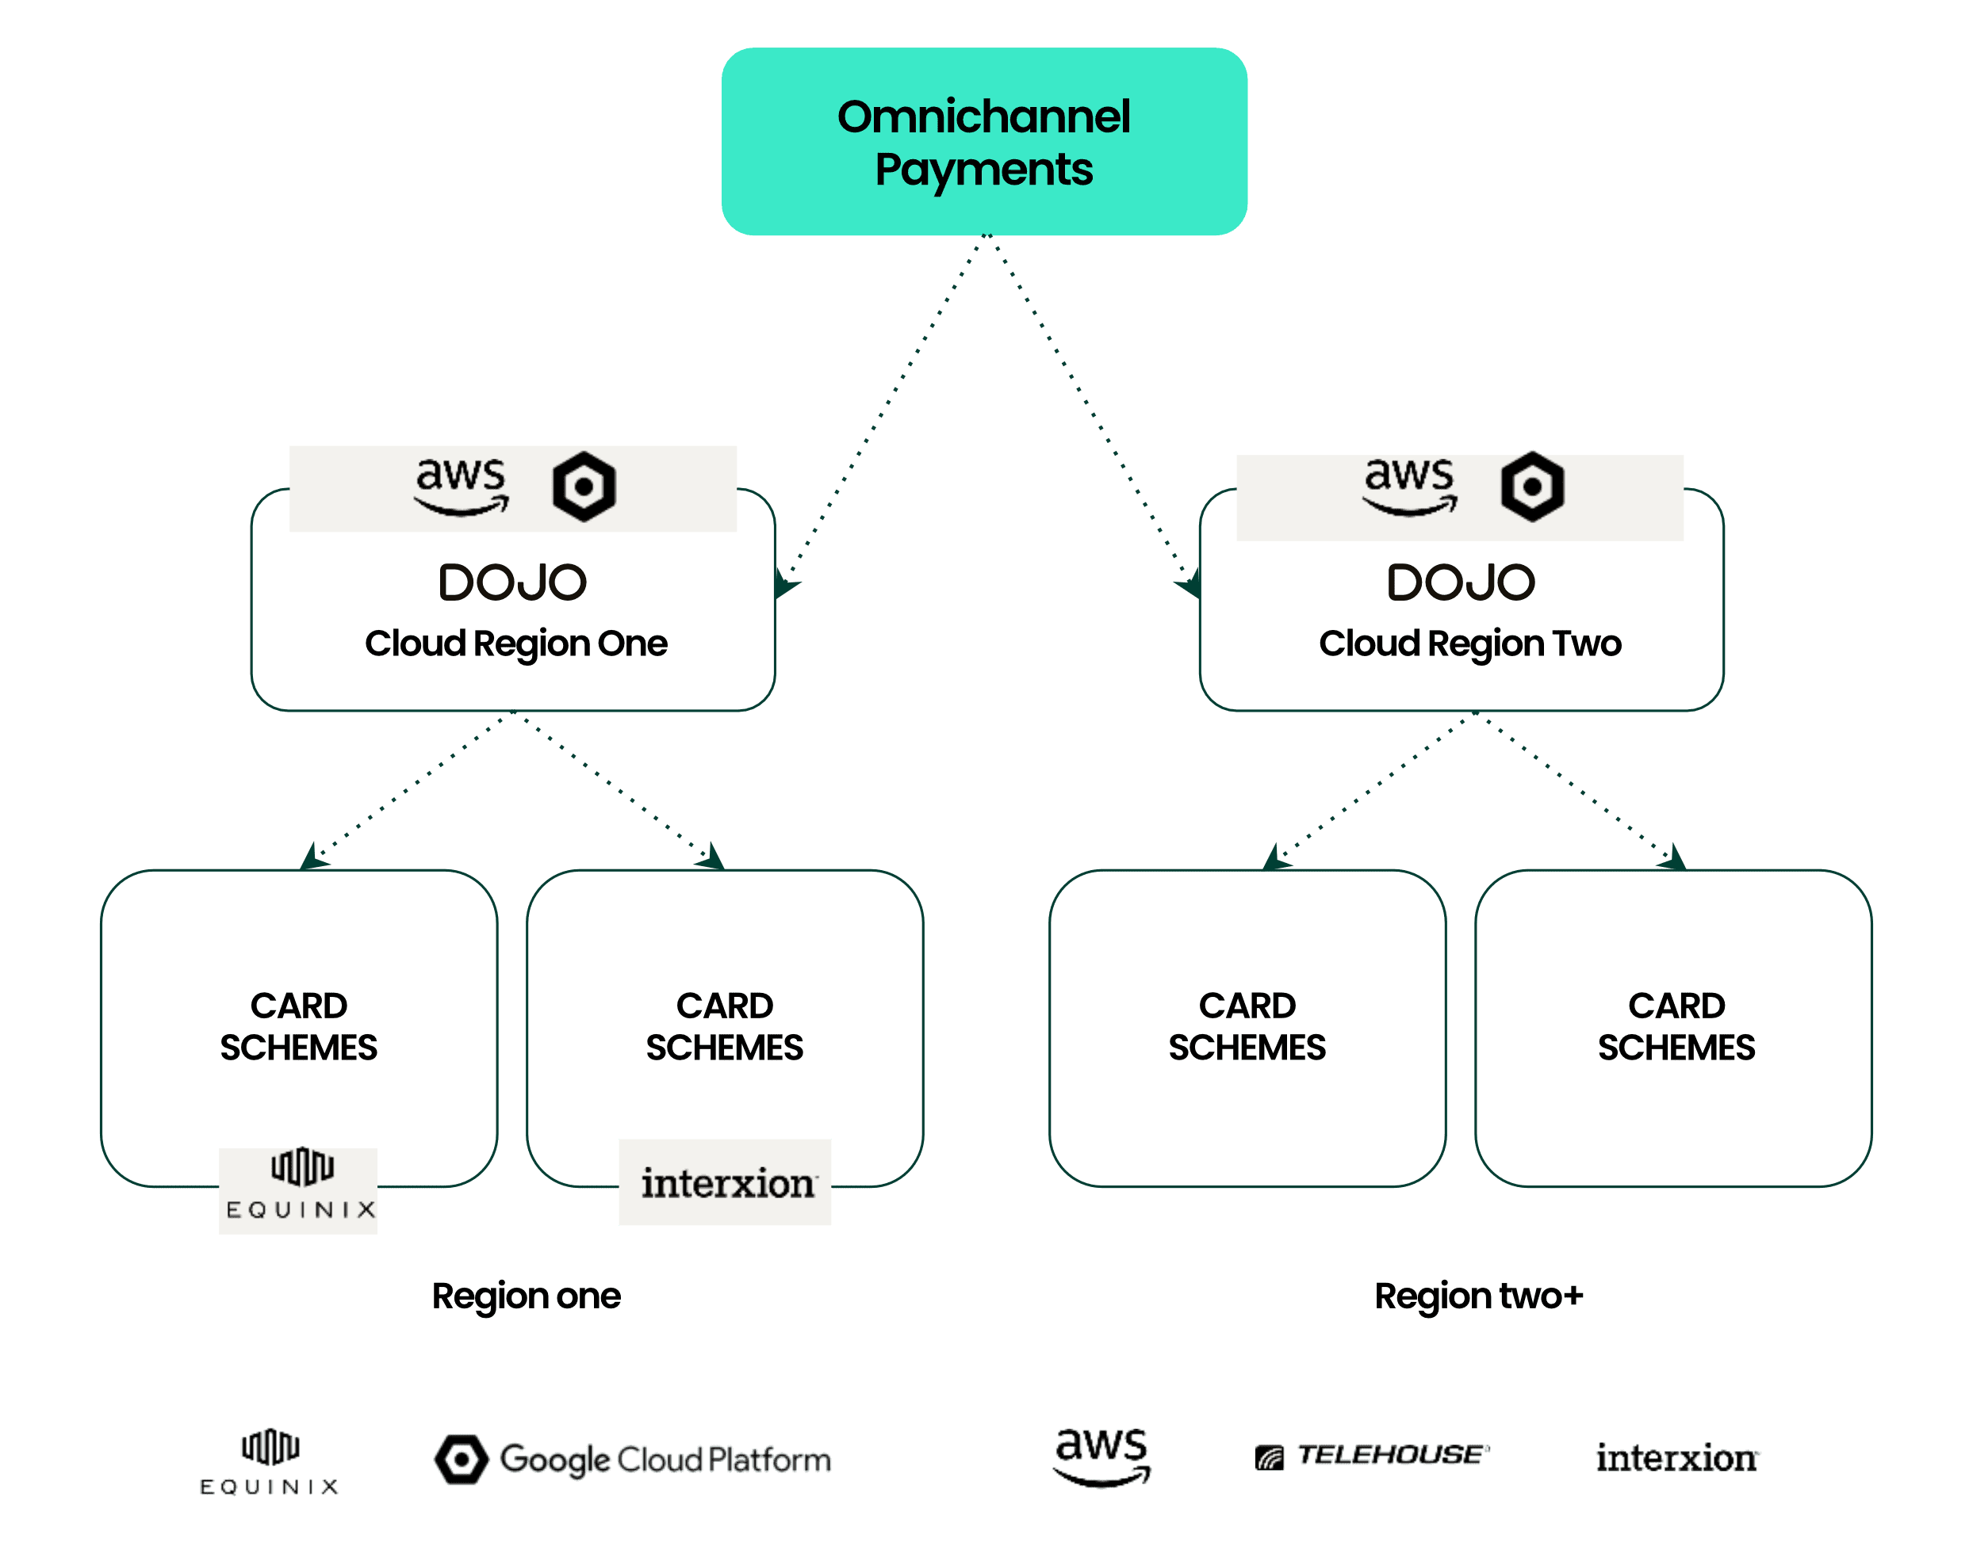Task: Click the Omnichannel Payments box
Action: (984, 142)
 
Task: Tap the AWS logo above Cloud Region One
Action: (462, 487)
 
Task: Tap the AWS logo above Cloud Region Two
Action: (1410, 487)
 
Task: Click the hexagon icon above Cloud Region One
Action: (584, 487)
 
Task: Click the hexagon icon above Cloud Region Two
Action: (1532, 487)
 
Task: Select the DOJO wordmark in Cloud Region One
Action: (513, 582)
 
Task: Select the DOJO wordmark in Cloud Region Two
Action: (1461, 582)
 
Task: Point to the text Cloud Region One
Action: (515, 643)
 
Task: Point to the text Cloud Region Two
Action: (1469, 643)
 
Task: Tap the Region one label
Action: (527, 1296)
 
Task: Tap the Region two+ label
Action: (1478, 1296)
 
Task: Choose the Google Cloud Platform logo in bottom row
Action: (633, 1459)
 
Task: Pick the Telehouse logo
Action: (1372, 1456)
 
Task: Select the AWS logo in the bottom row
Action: (1101, 1456)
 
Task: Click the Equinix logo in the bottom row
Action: (270, 1461)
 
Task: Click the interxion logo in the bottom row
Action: (1677, 1458)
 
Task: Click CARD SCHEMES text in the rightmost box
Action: (1676, 1026)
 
